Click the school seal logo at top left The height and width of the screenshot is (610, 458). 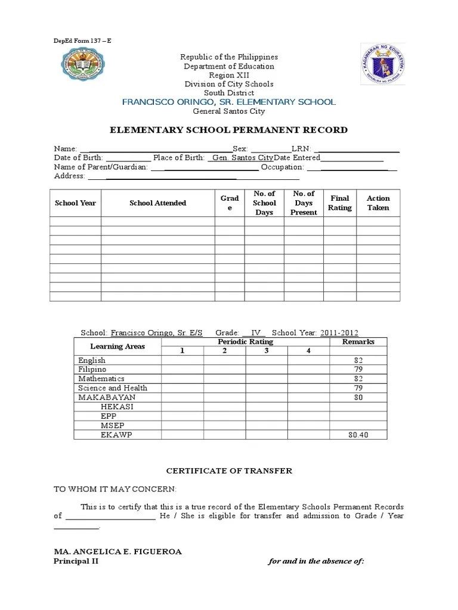click(x=83, y=66)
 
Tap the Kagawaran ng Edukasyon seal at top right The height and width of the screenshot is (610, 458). click(x=383, y=64)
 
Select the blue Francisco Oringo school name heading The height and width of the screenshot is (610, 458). click(x=229, y=102)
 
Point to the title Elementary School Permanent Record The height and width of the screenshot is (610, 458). click(x=229, y=130)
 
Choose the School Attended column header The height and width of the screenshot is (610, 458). click(x=157, y=203)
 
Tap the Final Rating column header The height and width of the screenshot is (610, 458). click(x=340, y=203)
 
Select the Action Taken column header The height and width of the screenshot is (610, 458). click(x=378, y=203)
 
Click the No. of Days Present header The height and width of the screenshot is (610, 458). click(x=304, y=203)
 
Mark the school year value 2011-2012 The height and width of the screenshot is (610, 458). click(x=339, y=333)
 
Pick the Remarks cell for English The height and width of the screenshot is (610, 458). click(x=358, y=360)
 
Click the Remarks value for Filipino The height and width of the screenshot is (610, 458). click(x=358, y=369)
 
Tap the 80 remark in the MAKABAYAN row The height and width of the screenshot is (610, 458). click(x=358, y=397)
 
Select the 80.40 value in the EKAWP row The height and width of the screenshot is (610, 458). click(x=358, y=435)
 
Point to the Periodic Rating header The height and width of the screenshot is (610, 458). click(x=245, y=342)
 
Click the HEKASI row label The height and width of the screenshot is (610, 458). click(x=117, y=406)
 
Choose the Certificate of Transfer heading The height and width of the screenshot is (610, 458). click(x=229, y=471)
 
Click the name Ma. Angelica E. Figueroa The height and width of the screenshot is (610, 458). click(x=118, y=552)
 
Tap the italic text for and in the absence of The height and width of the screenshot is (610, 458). click(x=316, y=561)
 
